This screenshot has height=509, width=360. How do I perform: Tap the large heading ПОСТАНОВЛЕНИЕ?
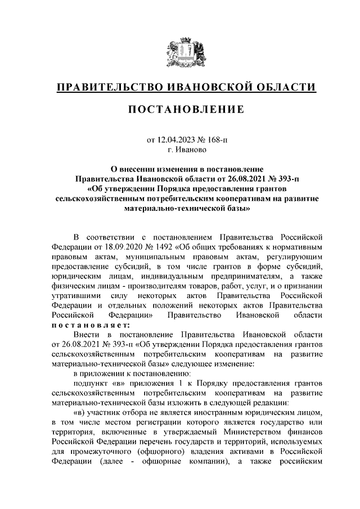point(180,110)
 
